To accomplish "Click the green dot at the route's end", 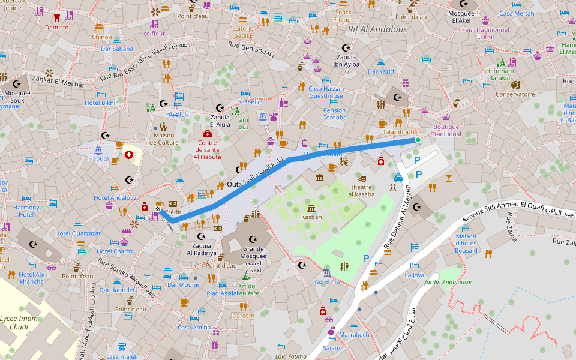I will click(x=418, y=140).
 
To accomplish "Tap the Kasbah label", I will click(x=311, y=217).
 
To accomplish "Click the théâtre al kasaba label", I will click(x=362, y=190).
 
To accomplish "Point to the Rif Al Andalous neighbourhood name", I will click(x=377, y=29).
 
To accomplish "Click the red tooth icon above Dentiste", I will click(x=57, y=17).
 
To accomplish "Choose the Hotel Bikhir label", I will click(x=101, y=103).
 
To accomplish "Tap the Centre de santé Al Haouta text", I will click(x=207, y=149).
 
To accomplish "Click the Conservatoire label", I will click(x=514, y=94).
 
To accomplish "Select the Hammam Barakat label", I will click(x=499, y=74).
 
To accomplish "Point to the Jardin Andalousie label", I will click(x=448, y=282).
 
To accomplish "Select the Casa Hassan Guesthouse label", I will click(x=326, y=92).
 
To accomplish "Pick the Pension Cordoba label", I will click(x=334, y=113).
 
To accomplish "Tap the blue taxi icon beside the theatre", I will click(x=398, y=178).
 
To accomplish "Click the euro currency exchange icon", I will click(x=344, y=161).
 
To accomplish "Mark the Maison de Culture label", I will click(x=164, y=139).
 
